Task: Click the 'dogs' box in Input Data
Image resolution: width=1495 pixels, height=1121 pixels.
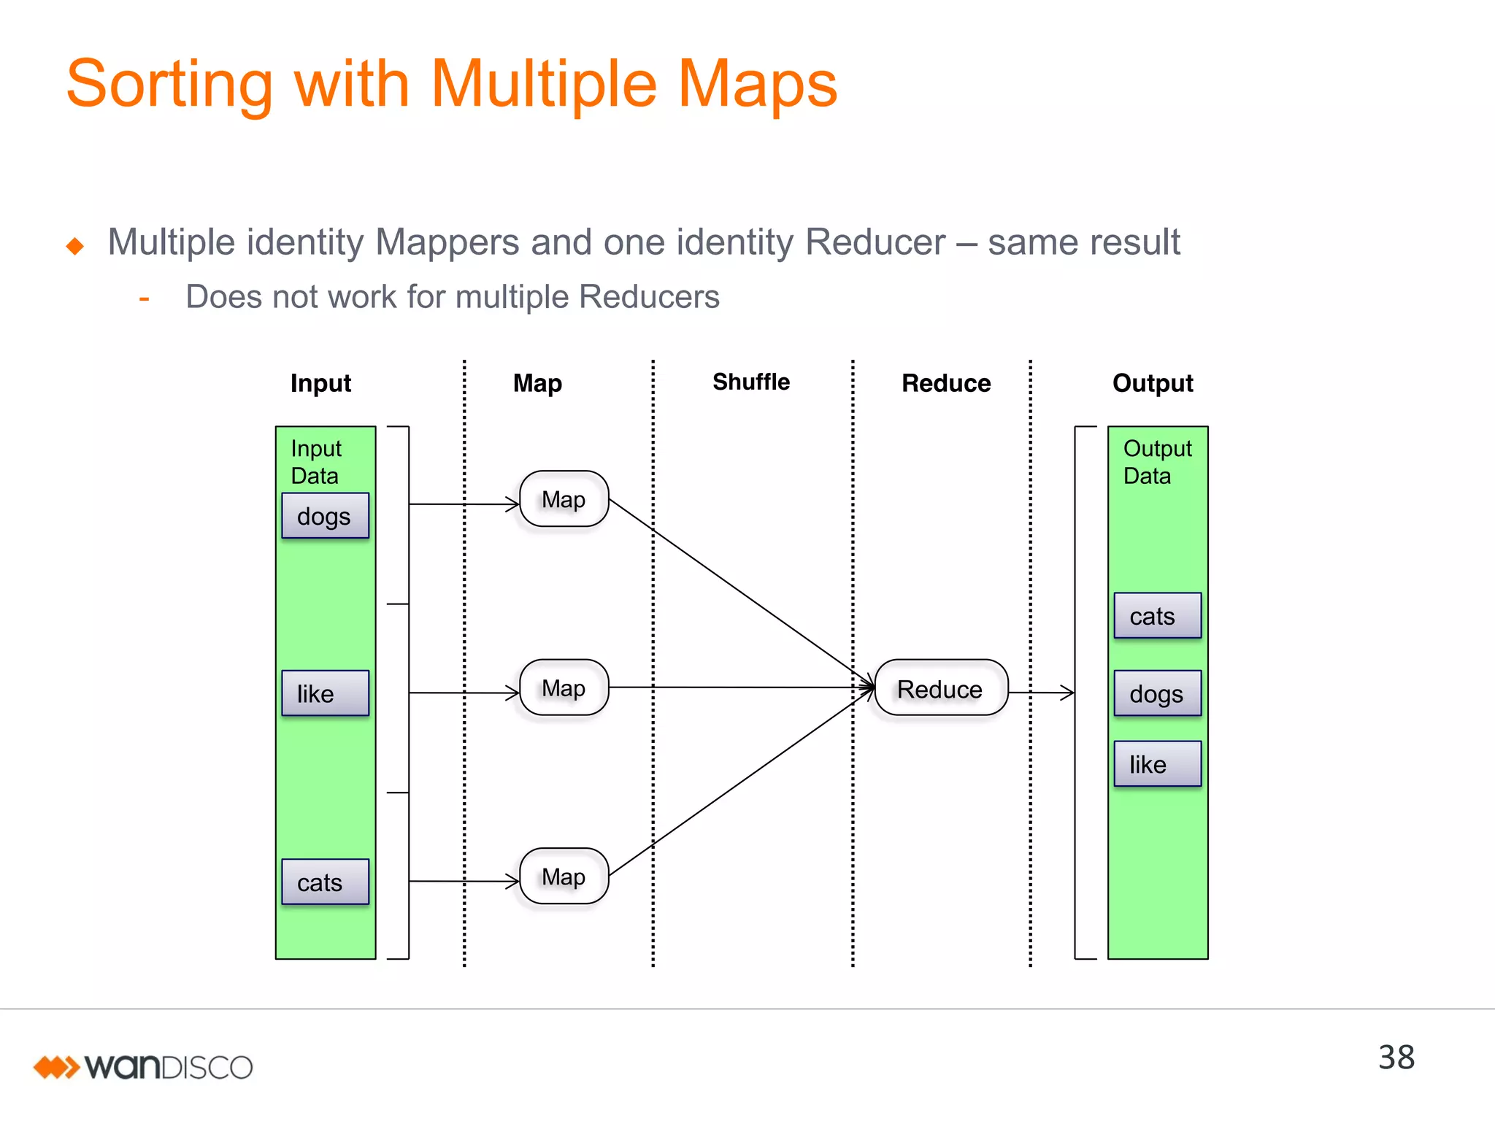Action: pyautogui.click(x=325, y=516)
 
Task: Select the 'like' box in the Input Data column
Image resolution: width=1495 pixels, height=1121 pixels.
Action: pyautogui.click(x=325, y=693)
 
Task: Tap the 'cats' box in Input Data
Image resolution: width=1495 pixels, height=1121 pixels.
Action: pyautogui.click(x=325, y=882)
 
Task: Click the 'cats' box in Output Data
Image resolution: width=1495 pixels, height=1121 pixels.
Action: pyautogui.click(x=1157, y=616)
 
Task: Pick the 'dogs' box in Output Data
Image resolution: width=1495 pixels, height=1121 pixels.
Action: pyautogui.click(x=1157, y=693)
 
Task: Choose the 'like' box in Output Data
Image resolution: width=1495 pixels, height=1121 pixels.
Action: pyautogui.click(x=1157, y=764)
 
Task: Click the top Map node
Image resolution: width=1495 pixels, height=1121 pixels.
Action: pyautogui.click(x=564, y=499)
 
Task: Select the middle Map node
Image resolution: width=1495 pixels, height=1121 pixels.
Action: pyautogui.click(x=564, y=687)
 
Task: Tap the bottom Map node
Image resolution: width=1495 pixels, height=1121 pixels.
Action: pyautogui.click(x=564, y=876)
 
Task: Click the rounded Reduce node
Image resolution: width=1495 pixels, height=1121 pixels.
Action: pyautogui.click(x=940, y=688)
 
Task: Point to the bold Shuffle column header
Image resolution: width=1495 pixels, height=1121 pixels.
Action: pyautogui.click(x=751, y=382)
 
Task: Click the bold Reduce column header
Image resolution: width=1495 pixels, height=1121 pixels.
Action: pyautogui.click(x=946, y=383)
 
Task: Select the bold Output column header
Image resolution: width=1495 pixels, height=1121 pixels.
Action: pyautogui.click(x=1153, y=383)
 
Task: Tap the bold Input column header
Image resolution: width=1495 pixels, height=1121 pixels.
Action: pyautogui.click(x=320, y=383)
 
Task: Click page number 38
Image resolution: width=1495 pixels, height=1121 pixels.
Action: pyautogui.click(x=1396, y=1058)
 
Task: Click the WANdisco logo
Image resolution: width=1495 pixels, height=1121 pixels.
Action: pyautogui.click(x=143, y=1067)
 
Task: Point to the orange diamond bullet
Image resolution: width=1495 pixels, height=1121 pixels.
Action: pyautogui.click(x=74, y=246)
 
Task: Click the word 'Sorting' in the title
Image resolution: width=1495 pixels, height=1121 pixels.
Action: pyautogui.click(x=169, y=84)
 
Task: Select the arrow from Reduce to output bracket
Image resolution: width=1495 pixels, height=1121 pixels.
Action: pyautogui.click(x=1041, y=692)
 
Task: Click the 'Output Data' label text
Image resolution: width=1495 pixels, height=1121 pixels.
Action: pyautogui.click(x=1157, y=462)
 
